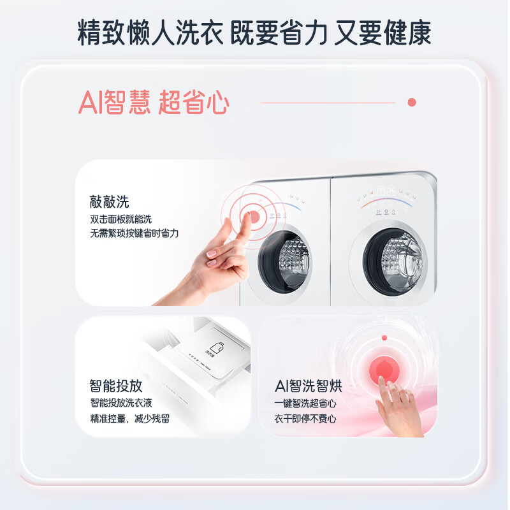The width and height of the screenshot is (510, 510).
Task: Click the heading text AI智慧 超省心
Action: (x=153, y=103)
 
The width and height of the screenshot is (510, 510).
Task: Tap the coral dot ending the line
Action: (x=411, y=102)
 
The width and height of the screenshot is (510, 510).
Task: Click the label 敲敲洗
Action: (x=109, y=202)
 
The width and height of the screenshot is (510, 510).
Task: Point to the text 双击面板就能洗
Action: (x=121, y=219)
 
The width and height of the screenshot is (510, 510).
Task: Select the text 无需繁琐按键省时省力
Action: (x=134, y=233)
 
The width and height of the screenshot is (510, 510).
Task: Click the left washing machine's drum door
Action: (x=284, y=256)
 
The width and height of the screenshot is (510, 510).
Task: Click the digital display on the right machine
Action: (x=388, y=191)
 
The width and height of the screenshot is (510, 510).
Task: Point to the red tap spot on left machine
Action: (x=253, y=216)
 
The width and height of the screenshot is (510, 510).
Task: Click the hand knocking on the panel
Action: (x=217, y=261)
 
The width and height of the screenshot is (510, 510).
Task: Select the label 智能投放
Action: (x=116, y=386)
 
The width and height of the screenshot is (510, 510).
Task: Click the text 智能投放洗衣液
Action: (x=121, y=403)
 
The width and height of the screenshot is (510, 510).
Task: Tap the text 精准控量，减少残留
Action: (x=129, y=419)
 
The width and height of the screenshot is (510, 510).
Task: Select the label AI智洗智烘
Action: (x=308, y=386)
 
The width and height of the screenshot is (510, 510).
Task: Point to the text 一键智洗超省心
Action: (x=305, y=403)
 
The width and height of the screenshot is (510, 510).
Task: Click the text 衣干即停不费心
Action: (x=305, y=419)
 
